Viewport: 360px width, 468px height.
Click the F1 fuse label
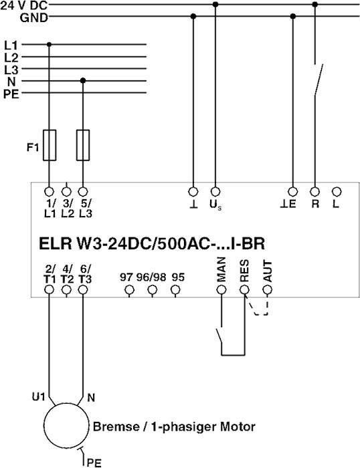click(x=33, y=147)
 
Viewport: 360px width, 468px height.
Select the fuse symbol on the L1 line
click(x=50, y=145)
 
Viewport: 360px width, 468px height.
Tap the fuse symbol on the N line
click(x=83, y=145)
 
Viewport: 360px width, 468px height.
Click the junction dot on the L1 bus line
click(x=50, y=45)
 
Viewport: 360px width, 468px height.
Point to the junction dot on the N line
click(x=83, y=81)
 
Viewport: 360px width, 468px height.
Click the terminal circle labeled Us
click(x=215, y=191)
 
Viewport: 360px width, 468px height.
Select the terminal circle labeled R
click(x=314, y=191)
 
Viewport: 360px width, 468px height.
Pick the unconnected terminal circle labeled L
click(x=337, y=191)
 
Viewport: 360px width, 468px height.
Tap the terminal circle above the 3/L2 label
click(x=66, y=191)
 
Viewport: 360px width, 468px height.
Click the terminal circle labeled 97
click(x=129, y=289)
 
